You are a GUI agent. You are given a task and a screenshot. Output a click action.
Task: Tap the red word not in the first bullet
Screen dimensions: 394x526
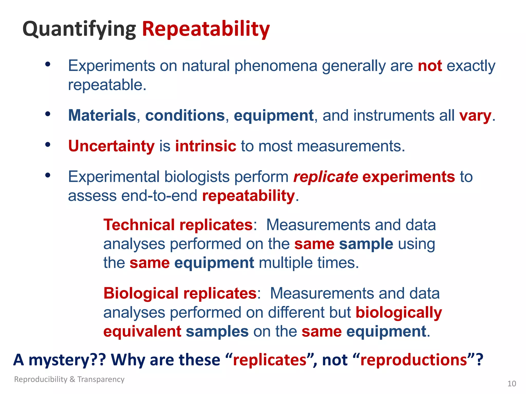(430, 66)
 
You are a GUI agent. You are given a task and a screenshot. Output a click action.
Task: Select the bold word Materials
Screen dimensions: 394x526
(102, 115)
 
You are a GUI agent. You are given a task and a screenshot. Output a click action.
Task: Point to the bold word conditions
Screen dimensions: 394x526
(185, 115)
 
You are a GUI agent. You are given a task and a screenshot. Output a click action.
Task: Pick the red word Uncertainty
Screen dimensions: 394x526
(111, 146)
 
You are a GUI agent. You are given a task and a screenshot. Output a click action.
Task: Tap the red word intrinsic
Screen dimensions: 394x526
(205, 146)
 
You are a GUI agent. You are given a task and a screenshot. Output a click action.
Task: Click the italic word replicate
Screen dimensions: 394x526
(325, 177)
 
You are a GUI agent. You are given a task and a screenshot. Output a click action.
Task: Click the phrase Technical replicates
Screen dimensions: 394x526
(178, 225)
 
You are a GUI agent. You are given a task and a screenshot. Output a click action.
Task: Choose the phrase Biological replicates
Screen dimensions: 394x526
(180, 293)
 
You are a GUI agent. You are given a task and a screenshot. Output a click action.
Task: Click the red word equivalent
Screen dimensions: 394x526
(142, 331)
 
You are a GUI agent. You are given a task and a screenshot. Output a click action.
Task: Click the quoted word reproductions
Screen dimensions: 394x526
(414, 360)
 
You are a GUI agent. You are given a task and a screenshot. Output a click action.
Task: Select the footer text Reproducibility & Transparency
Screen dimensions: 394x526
(69, 379)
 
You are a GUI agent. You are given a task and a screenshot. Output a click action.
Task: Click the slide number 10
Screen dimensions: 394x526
(512, 384)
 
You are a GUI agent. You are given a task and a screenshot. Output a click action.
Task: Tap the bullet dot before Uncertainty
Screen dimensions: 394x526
(48, 145)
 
